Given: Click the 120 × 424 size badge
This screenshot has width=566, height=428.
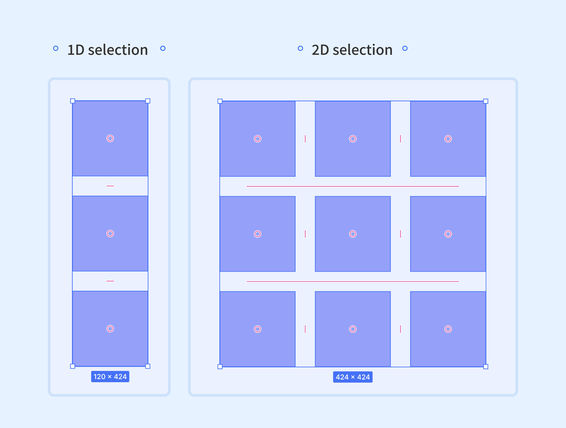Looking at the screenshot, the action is tap(110, 377).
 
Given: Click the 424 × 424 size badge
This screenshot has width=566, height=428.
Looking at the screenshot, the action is tap(353, 377).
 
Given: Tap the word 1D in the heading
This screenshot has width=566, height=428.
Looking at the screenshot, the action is tap(76, 50).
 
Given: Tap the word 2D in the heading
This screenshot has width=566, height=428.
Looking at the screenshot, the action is tap(320, 50).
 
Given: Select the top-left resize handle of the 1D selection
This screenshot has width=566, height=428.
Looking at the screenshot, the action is tap(73, 101).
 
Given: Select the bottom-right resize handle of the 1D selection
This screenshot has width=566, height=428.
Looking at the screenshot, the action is tap(148, 366).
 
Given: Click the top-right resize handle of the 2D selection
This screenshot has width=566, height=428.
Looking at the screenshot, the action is tap(486, 101).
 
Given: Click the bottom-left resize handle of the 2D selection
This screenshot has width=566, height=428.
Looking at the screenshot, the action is tap(220, 367).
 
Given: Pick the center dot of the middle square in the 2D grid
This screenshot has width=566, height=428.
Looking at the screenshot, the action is tap(353, 234).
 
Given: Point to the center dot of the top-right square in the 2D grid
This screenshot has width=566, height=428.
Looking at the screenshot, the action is tap(448, 139).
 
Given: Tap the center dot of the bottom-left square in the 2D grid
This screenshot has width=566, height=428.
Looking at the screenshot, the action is tap(257, 329).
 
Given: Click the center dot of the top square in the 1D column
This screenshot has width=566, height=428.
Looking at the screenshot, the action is tap(110, 139).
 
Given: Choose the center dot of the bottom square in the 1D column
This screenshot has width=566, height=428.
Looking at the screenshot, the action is tap(110, 329).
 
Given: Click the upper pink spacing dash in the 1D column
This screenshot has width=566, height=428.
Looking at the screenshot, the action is tap(110, 186).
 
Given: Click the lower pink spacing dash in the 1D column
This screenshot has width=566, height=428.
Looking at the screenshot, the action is tap(110, 281).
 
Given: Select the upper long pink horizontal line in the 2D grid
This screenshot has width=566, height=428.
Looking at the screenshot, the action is tap(353, 186).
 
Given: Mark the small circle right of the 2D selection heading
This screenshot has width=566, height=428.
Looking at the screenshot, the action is tap(405, 48).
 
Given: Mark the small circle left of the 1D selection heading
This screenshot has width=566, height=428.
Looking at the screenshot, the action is tap(56, 48).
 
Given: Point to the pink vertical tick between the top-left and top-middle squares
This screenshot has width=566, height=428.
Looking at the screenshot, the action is tap(305, 139).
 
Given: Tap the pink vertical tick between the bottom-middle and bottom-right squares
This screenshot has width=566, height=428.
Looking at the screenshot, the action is tap(401, 329).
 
